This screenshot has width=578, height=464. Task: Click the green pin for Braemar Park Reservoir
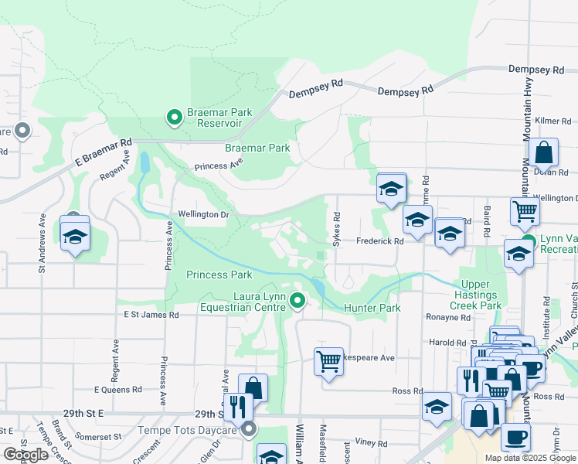175,118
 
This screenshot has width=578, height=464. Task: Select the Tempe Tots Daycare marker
248,430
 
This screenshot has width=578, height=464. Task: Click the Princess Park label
219,275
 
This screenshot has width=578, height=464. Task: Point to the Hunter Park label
372,308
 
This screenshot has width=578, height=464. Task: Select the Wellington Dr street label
203,214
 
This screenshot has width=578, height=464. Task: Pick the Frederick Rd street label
379,241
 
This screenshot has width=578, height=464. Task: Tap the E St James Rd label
151,315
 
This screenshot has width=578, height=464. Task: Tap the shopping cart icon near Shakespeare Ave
328,361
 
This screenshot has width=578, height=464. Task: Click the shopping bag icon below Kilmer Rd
544,154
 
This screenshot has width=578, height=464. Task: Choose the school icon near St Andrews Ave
75,236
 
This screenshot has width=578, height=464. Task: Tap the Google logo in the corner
25,455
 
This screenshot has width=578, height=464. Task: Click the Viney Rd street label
372,443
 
